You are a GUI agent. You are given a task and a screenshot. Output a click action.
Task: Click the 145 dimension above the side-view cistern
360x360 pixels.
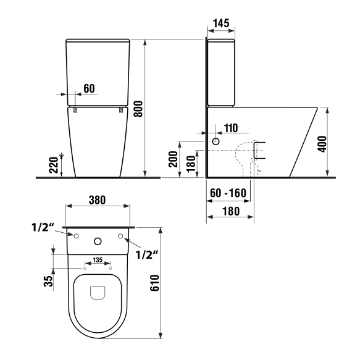pos(220,23)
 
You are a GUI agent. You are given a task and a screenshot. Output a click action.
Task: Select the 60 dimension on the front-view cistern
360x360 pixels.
pos(89,88)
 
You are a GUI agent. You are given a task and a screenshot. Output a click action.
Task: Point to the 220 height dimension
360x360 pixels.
pos(53,165)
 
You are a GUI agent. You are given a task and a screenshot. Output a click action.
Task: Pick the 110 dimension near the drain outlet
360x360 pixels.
pos(230,128)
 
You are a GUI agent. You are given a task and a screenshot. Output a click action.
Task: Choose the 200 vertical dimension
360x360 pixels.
pos(173,159)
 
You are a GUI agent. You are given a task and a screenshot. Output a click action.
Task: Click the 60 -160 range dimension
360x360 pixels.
pos(228,193)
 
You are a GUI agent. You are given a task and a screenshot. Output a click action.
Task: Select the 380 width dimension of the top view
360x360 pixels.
pos(97,199)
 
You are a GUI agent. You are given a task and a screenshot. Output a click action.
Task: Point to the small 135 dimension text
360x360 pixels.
pos(97,260)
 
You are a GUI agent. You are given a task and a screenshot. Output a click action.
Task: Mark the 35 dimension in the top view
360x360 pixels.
pos(48,281)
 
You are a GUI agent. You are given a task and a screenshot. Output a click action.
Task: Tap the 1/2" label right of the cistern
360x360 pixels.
pos(148,254)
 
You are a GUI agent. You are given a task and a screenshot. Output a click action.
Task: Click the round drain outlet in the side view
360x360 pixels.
pos(216,142)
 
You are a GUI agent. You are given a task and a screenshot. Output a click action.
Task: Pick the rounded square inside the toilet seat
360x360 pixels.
pos(98,293)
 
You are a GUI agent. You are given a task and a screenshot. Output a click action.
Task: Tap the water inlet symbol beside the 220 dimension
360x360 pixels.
pos(62,154)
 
